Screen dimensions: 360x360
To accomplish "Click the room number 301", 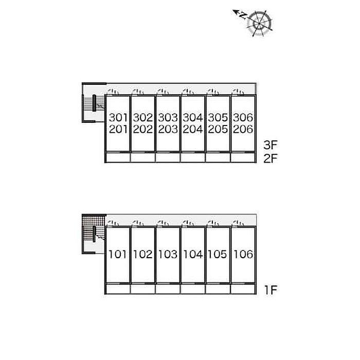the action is point(118,118).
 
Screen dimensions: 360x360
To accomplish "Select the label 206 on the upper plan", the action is point(243,129).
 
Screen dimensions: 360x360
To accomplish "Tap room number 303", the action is point(168,118).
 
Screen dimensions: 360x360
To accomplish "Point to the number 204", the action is point(193,129).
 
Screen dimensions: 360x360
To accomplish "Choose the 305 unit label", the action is point(218,118).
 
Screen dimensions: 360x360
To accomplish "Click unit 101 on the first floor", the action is point(118,255).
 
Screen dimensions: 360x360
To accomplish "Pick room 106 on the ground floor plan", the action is point(243,255).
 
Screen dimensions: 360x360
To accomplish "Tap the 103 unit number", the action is point(168,255).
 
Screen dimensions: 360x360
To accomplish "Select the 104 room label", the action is point(193,255).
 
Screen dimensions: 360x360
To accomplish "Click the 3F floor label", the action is point(271,145).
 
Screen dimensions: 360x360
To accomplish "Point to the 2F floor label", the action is point(271,158).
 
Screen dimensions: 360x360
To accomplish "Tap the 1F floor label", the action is point(271,290).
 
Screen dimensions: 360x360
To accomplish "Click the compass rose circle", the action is point(259,24).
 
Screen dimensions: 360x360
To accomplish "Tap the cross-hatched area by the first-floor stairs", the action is point(94,228).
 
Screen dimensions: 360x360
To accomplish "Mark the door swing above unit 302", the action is point(138,92).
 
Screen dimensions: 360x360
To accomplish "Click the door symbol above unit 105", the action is point(213,223).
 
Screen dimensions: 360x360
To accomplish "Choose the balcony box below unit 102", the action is point(143,289).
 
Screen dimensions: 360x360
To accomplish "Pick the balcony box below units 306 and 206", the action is point(243,157).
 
